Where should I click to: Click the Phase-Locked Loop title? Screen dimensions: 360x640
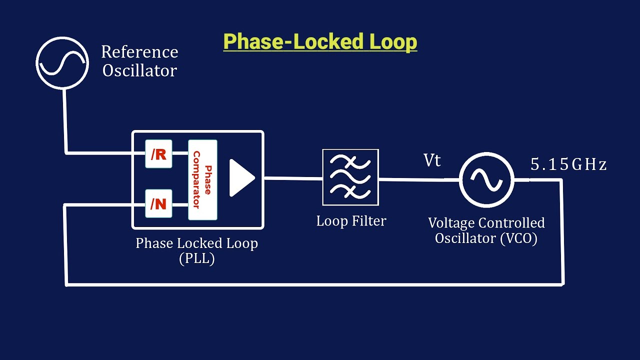pyautogui.click(x=320, y=42)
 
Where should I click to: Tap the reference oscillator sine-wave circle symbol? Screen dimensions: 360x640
pyautogui.click(x=62, y=62)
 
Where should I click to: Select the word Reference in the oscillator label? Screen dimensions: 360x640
pyautogui.click(x=139, y=52)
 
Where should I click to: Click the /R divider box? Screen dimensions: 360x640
pyautogui.click(x=158, y=154)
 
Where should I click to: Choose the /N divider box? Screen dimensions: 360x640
pyautogui.click(x=158, y=204)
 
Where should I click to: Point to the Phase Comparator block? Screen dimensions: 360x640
pyautogui.click(x=202, y=179)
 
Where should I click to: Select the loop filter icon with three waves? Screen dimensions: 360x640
pyautogui.click(x=350, y=177)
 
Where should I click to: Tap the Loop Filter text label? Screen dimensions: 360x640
pyautogui.click(x=351, y=221)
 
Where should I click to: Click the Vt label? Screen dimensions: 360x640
pyautogui.click(x=432, y=160)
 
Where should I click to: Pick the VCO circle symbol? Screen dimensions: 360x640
pyautogui.click(x=486, y=179)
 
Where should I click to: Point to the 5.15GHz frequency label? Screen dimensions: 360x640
pyautogui.click(x=568, y=164)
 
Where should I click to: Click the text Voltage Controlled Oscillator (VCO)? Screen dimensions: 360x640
pyautogui.click(x=486, y=230)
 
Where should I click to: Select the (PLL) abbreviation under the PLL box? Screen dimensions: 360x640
pyautogui.click(x=196, y=259)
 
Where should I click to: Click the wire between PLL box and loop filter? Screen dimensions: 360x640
pyautogui.click(x=292, y=177)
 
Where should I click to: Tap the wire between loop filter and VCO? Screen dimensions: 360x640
pyautogui.click(x=419, y=179)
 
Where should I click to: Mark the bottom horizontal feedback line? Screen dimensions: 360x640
pyautogui.click(x=315, y=284)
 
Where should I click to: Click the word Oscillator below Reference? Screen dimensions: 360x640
pyautogui.click(x=139, y=70)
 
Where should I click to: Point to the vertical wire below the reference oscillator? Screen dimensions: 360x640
pyautogui.click(x=64, y=120)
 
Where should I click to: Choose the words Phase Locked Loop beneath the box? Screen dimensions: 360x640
pyautogui.click(x=196, y=243)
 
